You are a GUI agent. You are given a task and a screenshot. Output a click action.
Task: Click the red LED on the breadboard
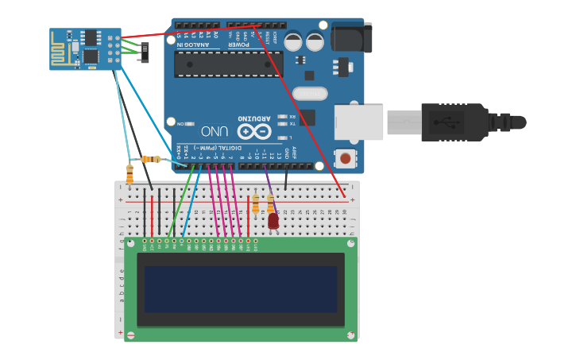tap(273, 221)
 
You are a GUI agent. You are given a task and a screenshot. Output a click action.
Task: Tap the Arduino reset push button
tap(346, 158)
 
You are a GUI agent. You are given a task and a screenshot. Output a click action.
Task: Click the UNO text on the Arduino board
tap(215, 131)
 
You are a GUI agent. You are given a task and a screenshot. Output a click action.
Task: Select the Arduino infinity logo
tap(254, 131)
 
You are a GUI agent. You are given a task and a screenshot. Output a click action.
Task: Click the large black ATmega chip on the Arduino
tap(229, 64)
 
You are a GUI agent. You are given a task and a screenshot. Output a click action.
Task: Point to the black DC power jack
tap(351, 37)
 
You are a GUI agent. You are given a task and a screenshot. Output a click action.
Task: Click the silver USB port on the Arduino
tap(358, 122)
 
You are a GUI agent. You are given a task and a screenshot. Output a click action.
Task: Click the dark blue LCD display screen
tap(241, 289)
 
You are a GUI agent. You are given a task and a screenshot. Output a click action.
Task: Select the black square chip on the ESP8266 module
tap(91, 56)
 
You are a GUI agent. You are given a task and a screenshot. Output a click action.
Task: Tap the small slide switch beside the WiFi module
tap(144, 53)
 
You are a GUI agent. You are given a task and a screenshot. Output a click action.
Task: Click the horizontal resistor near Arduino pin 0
tap(150, 159)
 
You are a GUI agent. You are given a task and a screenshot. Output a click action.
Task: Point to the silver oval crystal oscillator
tap(310, 94)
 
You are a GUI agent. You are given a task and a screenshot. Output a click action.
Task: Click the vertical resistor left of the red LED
tap(255, 205)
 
